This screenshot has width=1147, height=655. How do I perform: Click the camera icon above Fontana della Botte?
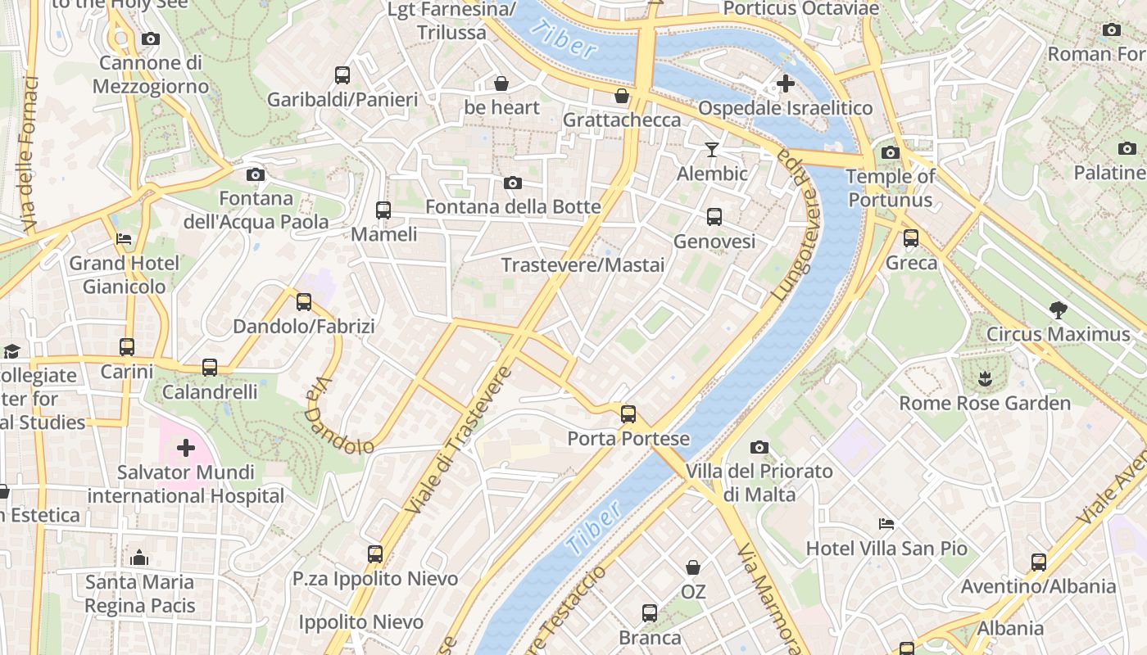coord(513,183)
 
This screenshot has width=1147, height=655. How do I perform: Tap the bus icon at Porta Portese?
coord(628,414)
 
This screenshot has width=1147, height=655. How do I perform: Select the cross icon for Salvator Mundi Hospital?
coord(186,448)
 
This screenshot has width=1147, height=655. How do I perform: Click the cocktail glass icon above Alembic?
coord(712,149)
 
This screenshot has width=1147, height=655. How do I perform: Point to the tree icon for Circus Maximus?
coord(1058,309)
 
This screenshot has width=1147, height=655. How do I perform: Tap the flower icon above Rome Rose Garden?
coord(984,378)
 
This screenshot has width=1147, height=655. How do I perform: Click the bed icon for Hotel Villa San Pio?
coord(886,524)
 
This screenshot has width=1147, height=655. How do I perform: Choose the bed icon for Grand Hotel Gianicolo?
coord(124,239)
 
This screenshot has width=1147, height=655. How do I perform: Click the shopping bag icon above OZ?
coord(693,567)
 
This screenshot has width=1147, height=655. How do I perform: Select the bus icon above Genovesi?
coord(714,217)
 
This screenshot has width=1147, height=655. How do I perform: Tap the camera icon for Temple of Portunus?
coord(891,152)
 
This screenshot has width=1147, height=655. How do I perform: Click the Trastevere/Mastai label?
coord(583,265)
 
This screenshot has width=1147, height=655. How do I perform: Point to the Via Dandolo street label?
coord(339,416)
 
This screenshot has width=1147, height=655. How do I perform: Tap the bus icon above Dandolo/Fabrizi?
coord(304,302)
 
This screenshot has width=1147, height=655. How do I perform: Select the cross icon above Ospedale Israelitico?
coord(786,84)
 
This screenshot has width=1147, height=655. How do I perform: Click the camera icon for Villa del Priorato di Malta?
coord(759,447)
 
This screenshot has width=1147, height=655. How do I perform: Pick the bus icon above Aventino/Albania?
coord(1039,562)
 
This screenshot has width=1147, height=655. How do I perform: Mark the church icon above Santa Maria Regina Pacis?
coord(139,558)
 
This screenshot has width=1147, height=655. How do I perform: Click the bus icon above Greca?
coord(911,238)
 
